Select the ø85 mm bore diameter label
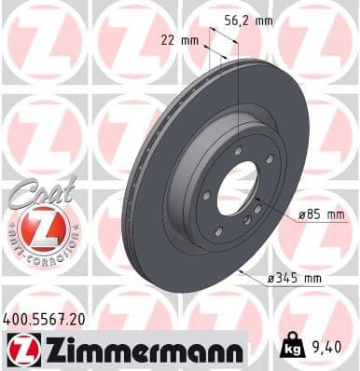(323, 215)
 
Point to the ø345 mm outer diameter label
(295, 279)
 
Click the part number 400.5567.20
(44, 319)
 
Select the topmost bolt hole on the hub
(240, 151)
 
